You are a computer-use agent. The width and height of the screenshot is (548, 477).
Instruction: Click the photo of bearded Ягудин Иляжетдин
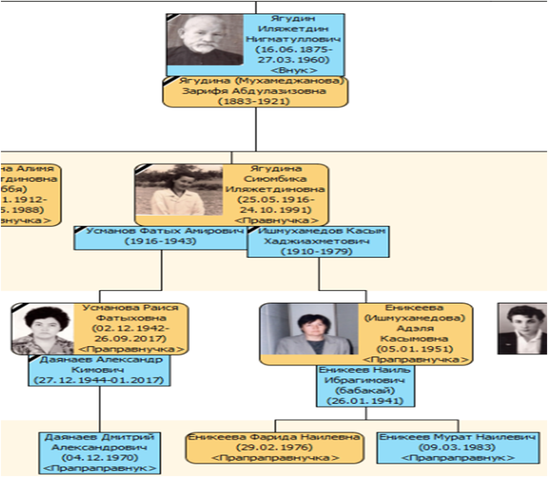(205, 40)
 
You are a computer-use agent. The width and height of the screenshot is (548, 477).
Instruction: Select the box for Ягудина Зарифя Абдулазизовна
(255, 92)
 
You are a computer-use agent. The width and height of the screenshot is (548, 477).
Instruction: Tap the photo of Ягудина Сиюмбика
(179, 190)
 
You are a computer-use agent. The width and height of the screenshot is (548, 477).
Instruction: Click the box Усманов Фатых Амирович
(161, 236)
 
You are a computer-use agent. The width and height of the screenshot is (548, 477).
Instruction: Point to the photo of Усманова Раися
(43, 329)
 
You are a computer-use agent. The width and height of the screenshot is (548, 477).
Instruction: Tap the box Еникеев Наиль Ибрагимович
(365, 385)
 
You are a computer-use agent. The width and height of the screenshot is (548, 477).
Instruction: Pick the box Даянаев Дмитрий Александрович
(100, 452)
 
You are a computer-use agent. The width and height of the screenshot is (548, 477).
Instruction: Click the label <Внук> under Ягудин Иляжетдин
(294, 70)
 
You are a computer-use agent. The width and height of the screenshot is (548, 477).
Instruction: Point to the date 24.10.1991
(276, 210)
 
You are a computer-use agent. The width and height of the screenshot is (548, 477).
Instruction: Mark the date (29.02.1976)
(274, 447)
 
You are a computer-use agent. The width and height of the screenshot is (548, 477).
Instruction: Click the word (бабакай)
(365, 391)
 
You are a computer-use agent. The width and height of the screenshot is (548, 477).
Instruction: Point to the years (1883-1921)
(254, 101)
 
